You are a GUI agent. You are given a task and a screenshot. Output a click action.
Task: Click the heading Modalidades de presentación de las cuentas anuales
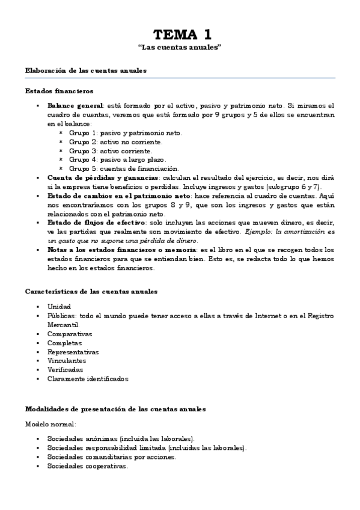[x=115, y=409]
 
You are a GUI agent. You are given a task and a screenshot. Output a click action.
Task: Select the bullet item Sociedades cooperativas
[x=87, y=466]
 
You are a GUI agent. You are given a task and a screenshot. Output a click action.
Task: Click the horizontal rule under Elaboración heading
[x=180, y=79]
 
